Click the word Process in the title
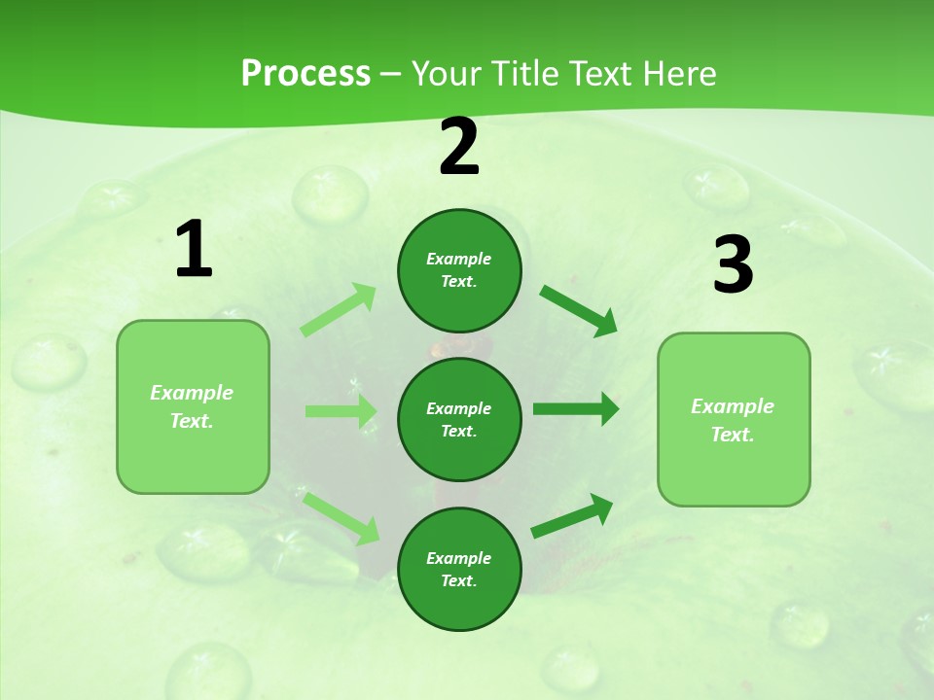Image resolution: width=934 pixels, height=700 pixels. tap(305, 74)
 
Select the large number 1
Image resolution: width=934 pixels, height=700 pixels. tap(194, 250)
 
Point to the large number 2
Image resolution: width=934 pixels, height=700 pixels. tap(459, 147)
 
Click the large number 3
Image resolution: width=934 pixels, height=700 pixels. tap(733, 265)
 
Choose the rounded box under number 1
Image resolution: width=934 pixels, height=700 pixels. tap(193, 406)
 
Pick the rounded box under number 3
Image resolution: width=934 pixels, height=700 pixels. tap(734, 419)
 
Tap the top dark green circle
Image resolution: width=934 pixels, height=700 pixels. tap(459, 270)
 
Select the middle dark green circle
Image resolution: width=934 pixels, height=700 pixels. tap(459, 419)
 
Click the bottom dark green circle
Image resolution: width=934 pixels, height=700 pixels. tap(459, 569)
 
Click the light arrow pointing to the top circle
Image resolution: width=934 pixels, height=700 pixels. tap(339, 310)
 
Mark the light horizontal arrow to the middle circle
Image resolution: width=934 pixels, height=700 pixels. tap(341, 411)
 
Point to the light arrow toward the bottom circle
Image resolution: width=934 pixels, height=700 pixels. tap(341, 517)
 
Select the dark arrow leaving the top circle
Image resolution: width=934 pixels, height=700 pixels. tap(578, 310)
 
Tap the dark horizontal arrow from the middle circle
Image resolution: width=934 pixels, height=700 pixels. tap(575, 409)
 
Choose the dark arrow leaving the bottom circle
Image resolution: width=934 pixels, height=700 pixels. tap(572, 516)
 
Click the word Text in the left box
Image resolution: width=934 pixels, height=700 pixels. tap(192, 421)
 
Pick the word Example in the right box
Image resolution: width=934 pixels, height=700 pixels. tap(733, 406)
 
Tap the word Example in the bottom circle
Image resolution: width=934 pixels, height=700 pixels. tap(459, 558)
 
